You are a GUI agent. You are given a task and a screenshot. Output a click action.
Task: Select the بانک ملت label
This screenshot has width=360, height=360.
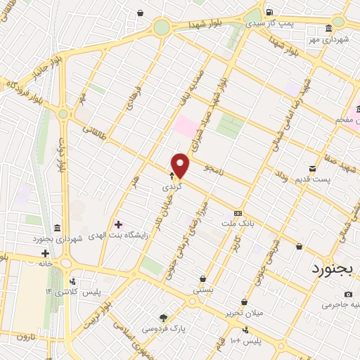(x=238, y=223)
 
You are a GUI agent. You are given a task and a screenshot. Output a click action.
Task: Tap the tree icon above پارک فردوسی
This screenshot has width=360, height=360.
(x=163, y=319)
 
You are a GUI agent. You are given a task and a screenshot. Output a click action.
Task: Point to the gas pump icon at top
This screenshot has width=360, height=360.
(x=269, y=12)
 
